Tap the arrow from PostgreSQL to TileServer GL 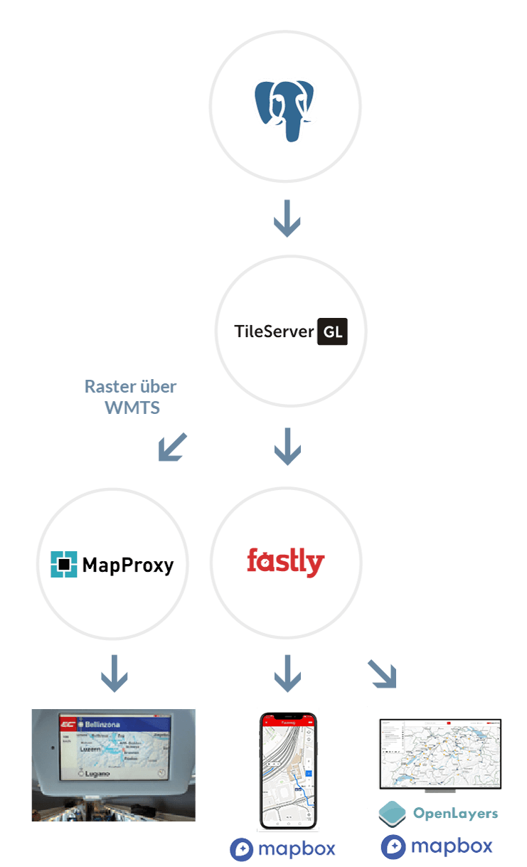(287, 218)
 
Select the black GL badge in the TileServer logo (332, 331)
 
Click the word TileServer (274, 331)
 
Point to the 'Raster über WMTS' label (130, 397)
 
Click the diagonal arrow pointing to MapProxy (172, 447)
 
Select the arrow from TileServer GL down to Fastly (287, 447)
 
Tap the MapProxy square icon (64, 565)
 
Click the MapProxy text (128, 565)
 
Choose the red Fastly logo (285, 562)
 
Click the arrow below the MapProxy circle (115, 674)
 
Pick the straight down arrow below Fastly (287, 674)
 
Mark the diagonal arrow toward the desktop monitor (382, 674)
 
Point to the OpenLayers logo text (455, 813)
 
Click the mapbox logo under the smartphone (282, 849)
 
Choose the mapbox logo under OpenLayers (437, 846)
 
